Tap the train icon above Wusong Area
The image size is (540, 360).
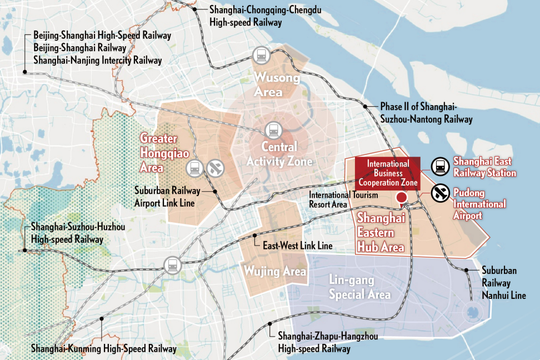[261, 55]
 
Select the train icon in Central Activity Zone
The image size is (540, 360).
[273, 131]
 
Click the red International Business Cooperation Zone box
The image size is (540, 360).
[388, 173]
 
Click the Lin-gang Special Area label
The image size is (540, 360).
[359, 288]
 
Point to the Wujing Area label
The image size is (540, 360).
[275, 271]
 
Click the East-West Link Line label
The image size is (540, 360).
[297, 245]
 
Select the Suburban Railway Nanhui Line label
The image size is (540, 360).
[503, 283]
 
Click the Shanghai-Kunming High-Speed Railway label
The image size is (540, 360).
[103, 349]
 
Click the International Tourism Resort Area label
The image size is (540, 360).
[343, 199]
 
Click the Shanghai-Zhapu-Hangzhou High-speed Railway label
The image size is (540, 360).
[314, 343]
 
